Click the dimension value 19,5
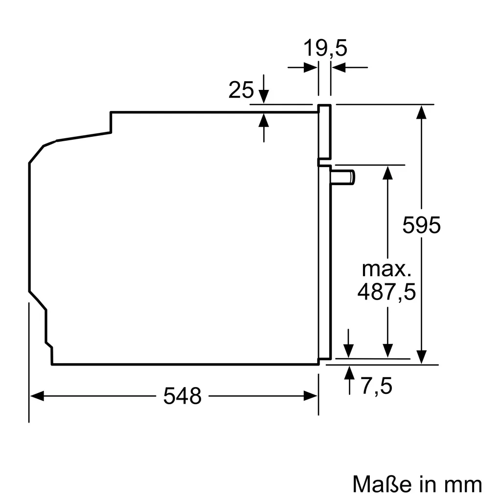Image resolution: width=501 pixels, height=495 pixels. coord(325,48)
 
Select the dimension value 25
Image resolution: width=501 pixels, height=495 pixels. coord(241,90)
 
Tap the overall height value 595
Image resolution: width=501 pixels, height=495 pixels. coord(421,225)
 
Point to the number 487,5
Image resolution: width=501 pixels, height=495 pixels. coord(386,292)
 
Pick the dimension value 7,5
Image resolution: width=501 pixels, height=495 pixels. coord(377,387)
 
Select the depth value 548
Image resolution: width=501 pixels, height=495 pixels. coord(182,396)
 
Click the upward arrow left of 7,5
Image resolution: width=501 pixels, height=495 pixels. coord(349,373)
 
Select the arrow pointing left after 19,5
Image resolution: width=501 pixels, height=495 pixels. coord(340,68)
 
